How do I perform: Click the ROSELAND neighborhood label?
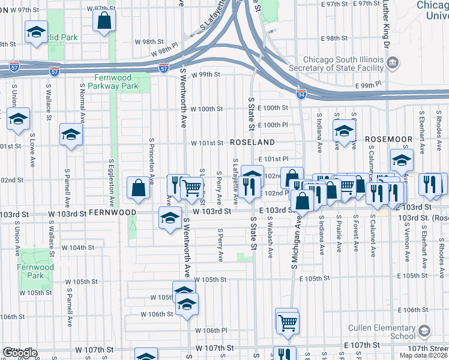tap(253, 143)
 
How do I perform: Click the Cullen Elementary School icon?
tap(425, 331)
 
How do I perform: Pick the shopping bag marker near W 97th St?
tap(104, 19)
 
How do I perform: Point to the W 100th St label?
tap(206, 109)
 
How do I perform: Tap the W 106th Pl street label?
tap(211, 331)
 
